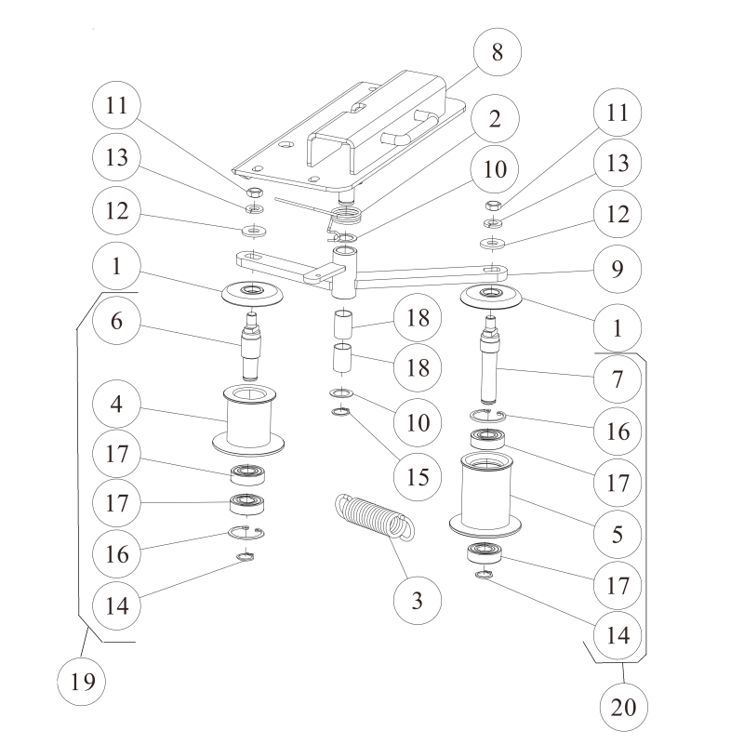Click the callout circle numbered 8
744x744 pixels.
pyautogui.click(x=498, y=52)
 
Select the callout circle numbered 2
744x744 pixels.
pyautogui.click(x=494, y=118)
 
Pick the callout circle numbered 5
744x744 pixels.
pyautogui.click(x=616, y=535)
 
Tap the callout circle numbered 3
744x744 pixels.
pyautogui.click(x=418, y=601)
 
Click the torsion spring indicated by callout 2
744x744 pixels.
pyautogui.click(x=347, y=219)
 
